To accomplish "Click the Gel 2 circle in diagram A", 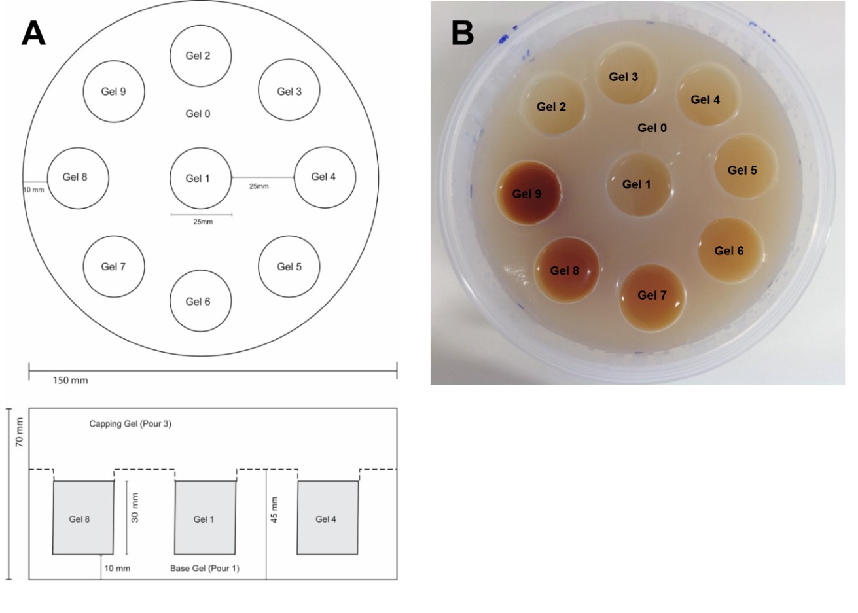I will (200, 56).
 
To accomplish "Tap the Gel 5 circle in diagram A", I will (289, 267).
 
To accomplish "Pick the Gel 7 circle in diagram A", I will (114, 267).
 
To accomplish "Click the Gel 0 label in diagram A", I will (198, 114).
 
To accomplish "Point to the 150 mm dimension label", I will (70, 381).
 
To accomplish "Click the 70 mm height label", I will (20, 432).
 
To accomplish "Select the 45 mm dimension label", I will (274, 510).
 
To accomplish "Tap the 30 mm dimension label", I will (135, 508).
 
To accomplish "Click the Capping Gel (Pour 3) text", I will (130, 424).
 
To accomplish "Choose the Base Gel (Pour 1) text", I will (205, 568).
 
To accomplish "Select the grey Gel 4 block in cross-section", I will (327, 518).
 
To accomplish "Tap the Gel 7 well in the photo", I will (652, 296).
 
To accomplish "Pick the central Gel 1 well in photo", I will (637, 185).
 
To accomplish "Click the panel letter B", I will (462, 33).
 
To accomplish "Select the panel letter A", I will (33, 33).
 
